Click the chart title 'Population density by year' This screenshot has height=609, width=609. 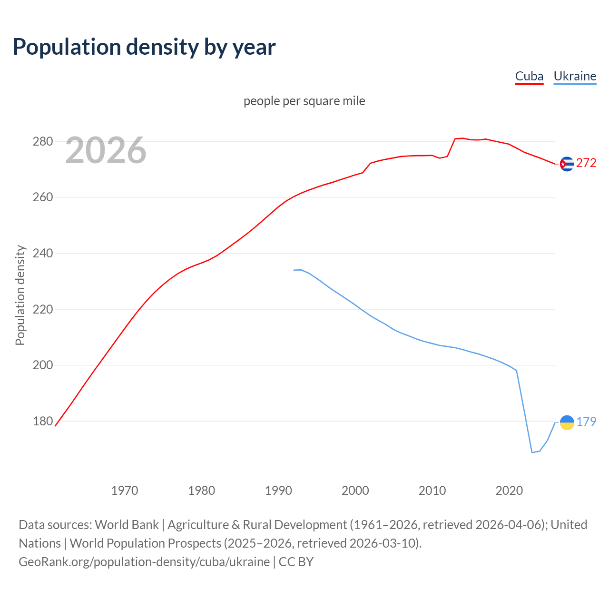pyautogui.click(x=144, y=47)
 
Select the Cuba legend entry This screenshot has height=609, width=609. pyautogui.click(x=529, y=77)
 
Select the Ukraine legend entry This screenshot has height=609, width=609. pyautogui.click(x=575, y=77)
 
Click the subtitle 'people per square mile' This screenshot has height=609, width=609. pyautogui.click(x=304, y=101)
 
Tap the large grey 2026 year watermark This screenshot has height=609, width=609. pyautogui.click(x=106, y=151)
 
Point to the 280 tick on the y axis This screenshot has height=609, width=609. pyautogui.click(x=42, y=142)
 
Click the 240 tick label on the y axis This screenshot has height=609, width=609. pyautogui.click(x=42, y=254)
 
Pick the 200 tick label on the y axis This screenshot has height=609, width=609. pyautogui.click(x=42, y=365)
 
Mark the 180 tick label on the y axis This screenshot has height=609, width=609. pyautogui.click(x=42, y=422)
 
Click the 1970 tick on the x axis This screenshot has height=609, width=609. pyautogui.click(x=125, y=491)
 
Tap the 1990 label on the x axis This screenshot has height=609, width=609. pyautogui.click(x=278, y=491)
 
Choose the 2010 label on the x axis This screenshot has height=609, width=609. pyautogui.click(x=432, y=491)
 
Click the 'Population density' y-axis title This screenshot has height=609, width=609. pyautogui.click(x=20, y=295)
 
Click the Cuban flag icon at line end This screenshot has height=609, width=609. pyautogui.click(x=567, y=164)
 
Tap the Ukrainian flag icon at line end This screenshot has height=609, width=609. pyautogui.click(x=567, y=422)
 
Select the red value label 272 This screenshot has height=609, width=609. pyautogui.click(x=586, y=163)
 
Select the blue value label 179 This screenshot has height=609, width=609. pyautogui.click(x=586, y=422)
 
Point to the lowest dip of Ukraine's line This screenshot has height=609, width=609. pyautogui.click(x=532, y=452)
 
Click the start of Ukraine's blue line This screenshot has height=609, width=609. pyautogui.click(x=294, y=270)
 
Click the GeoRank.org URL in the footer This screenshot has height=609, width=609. pyautogui.click(x=144, y=562)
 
